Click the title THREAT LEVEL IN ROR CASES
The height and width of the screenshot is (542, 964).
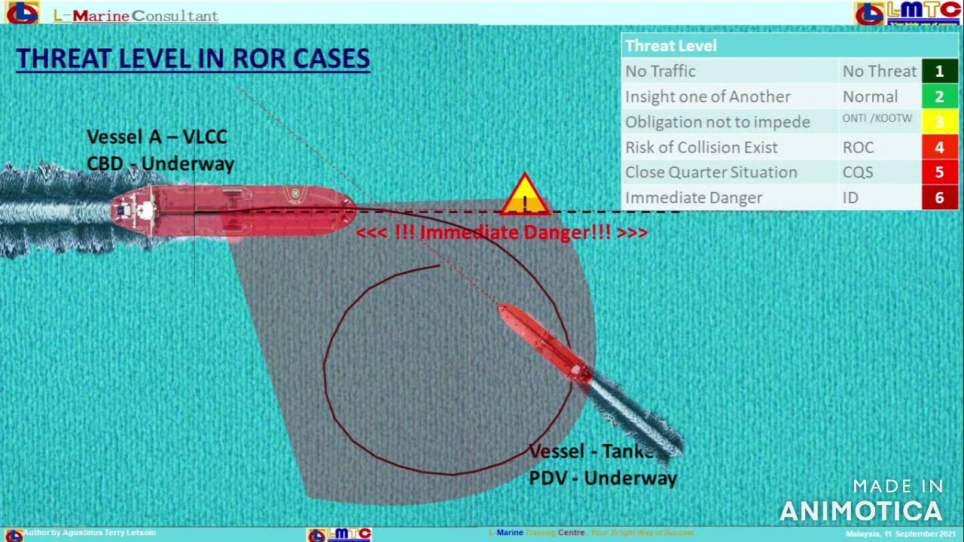coord(193,59)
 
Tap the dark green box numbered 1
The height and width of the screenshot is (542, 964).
coord(939,72)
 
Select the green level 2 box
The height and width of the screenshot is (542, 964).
coord(939,96)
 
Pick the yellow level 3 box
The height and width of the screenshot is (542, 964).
coord(939,122)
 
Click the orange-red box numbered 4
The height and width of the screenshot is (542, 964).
coord(939,148)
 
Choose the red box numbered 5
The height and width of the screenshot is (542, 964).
coord(939,172)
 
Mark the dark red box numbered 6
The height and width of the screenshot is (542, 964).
coord(939,197)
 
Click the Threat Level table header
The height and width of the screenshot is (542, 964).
coord(670,46)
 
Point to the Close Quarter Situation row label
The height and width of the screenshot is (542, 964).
coord(711,172)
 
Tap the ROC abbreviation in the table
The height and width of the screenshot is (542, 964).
coord(858,148)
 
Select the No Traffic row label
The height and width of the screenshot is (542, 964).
coord(660,72)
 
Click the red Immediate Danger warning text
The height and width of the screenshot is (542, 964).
coord(502,233)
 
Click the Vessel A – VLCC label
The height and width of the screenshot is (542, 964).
coord(157,137)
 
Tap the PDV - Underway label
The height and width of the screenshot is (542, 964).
coord(602,478)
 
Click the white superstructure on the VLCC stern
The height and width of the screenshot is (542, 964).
coord(139,210)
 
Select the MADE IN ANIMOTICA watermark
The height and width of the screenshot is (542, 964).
coord(861,501)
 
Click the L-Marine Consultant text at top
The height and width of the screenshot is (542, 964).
coord(136,16)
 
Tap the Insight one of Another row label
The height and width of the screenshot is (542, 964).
coord(708,96)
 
